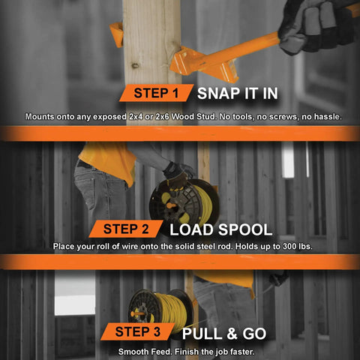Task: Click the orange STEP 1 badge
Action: (157, 93)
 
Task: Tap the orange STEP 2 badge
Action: (126, 229)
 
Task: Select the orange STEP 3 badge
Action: (138, 331)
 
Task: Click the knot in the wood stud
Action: (135, 66)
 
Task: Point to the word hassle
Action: (328, 117)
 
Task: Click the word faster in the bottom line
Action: (242, 352)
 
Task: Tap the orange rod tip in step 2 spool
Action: (171, 206)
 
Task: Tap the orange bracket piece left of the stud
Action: (117, 34)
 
